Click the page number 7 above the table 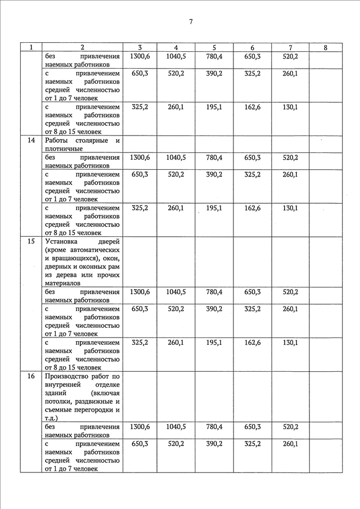(191, 22)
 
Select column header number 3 (139, 48)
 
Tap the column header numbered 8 (326, 48)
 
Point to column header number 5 (214, 48)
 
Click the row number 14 (31, 140)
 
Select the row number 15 (31, 241)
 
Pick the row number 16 (31, 376)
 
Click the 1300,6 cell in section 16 (139, 427)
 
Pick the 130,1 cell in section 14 (290, 208)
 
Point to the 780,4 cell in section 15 (214, 292)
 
